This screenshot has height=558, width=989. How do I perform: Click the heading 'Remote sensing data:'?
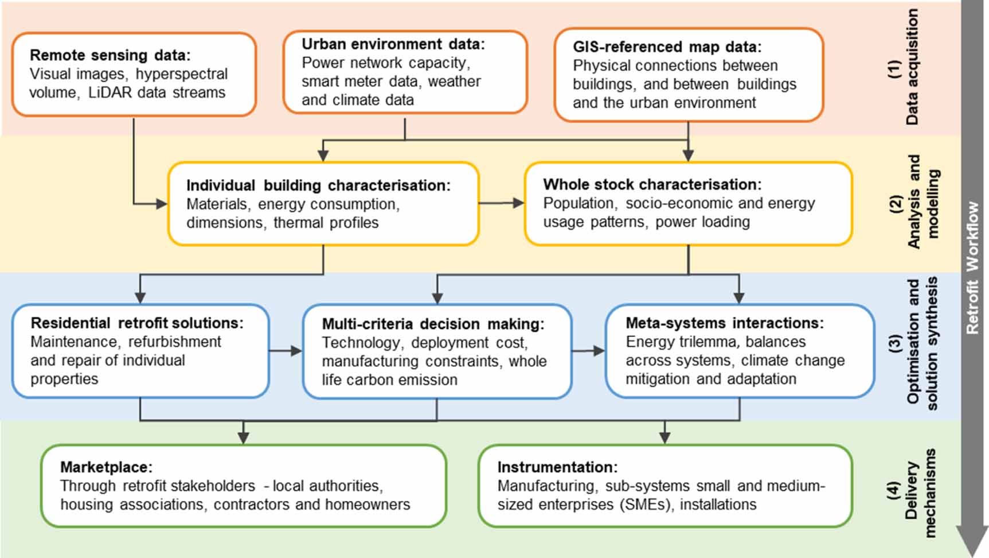coord(110,55)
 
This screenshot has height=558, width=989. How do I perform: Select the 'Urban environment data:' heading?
coord(393,44)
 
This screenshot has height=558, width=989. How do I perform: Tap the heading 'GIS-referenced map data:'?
coord(667,46)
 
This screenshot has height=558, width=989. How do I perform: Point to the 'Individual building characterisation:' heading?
coord(318,185)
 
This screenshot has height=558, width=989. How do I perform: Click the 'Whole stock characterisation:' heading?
coord(652,184)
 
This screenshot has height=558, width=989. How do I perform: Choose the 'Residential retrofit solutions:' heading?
coord(136,323)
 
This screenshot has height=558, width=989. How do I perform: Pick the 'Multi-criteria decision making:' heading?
coord(433,324)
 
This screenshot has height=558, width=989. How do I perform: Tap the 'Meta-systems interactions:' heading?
coord(724,323)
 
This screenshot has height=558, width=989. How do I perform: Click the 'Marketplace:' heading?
coord(106,467)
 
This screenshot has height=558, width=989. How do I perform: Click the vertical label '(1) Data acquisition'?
coord(904,68)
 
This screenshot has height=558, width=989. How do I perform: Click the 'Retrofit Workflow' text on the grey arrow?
coord(972,268)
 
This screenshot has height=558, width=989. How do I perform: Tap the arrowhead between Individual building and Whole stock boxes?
coord(519,203)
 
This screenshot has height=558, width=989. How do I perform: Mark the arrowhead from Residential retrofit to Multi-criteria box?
coord(296,351)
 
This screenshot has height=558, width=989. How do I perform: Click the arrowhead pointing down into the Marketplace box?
coord(243,438)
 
